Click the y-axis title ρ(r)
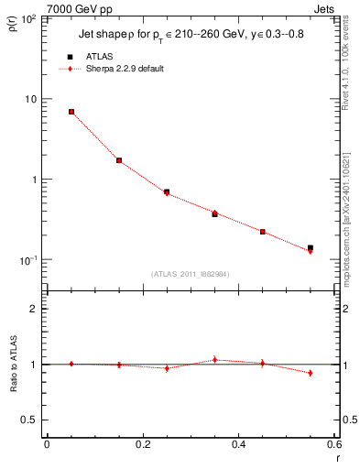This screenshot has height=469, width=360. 16,22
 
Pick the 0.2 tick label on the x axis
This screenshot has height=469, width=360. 142,444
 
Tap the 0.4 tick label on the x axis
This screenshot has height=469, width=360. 238,444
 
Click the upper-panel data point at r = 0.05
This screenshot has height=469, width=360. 71,112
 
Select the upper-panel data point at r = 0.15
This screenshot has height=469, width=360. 119,160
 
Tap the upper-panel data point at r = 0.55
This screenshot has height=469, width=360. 311,248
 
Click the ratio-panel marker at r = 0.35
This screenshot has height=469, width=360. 214,360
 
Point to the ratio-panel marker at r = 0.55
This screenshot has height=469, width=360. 311,373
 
